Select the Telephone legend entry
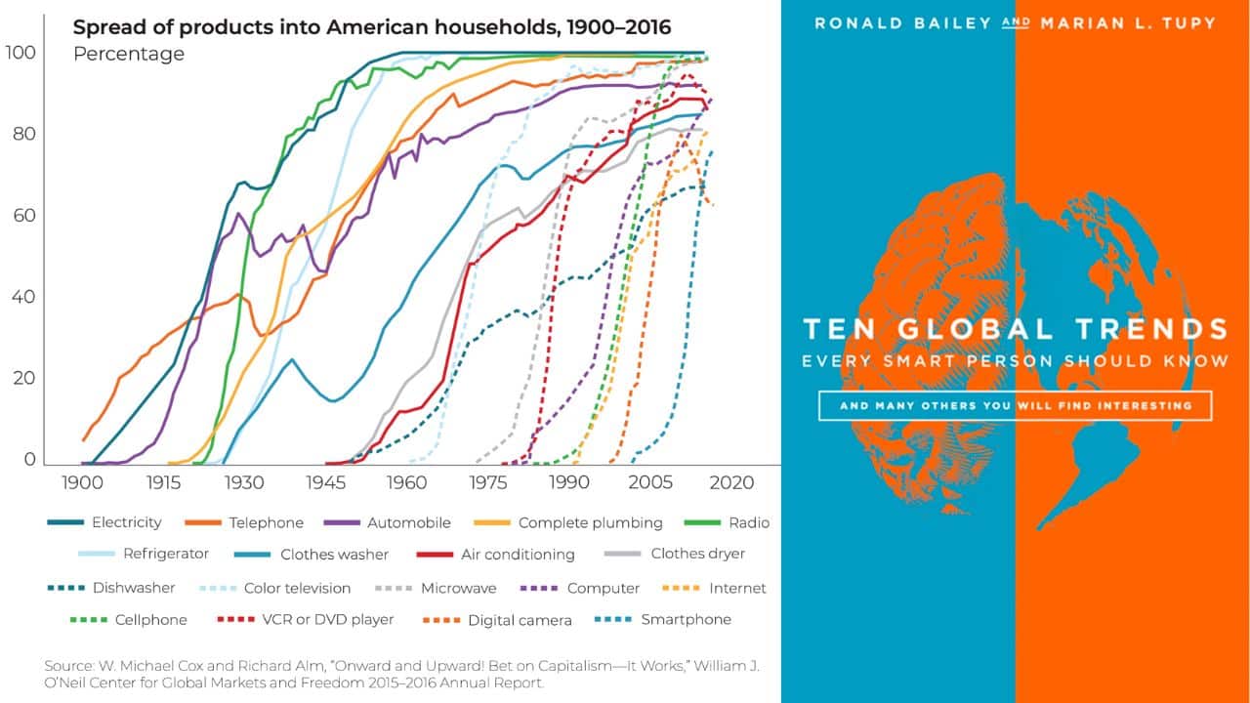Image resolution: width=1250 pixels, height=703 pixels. point(267,522)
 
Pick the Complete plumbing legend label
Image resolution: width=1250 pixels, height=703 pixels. point(590,522)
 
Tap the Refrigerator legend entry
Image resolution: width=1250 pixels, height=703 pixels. point(165,554)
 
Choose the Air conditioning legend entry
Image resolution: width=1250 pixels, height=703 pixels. point(518,554)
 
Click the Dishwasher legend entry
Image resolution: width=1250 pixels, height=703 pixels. point(134,588)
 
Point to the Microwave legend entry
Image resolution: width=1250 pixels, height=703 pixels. point(458,588)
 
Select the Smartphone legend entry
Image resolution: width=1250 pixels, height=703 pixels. point(686,619)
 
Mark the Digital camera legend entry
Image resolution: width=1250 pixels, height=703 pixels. point(520,619)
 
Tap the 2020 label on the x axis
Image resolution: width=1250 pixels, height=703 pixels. point(731,482)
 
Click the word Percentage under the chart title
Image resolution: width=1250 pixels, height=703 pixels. point(128,54)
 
